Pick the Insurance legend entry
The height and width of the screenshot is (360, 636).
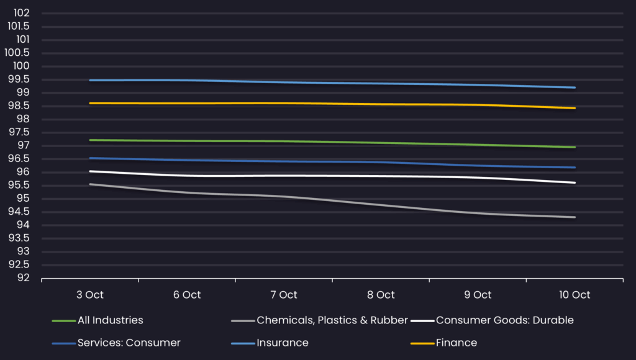[x=282, y=343]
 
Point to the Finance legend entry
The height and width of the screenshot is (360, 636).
[x=456, y=343]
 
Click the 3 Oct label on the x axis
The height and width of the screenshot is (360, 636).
[x=90, y=295]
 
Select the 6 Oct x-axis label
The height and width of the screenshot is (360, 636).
[x=187, y=295]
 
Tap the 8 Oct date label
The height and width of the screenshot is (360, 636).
[x=381, y=295]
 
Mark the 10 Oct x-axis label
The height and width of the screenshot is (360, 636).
[x=575, y=295]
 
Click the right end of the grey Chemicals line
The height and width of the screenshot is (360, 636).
[x=575, y=217]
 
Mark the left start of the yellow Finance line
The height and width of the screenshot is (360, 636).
[x=90, y=103]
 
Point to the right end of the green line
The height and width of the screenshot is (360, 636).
[x=575, y=147]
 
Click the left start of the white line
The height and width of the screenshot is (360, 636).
[x=90, y=171]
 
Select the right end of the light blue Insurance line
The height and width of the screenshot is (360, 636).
[x=575, y=88]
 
